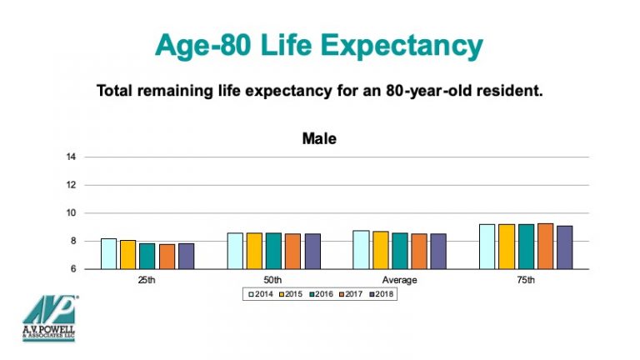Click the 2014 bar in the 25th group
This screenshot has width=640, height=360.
pos(109,253)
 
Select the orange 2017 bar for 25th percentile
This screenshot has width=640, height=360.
pos(167,256)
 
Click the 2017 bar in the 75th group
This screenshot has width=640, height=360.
pos(545,246)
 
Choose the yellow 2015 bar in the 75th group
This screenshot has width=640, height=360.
pos(507,247)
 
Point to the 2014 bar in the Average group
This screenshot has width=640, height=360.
pos(362,249)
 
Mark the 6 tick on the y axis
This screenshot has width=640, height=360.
pos(73,269)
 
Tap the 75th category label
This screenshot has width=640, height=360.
pos(526,280)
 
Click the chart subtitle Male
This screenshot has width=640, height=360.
pos(319,139)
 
